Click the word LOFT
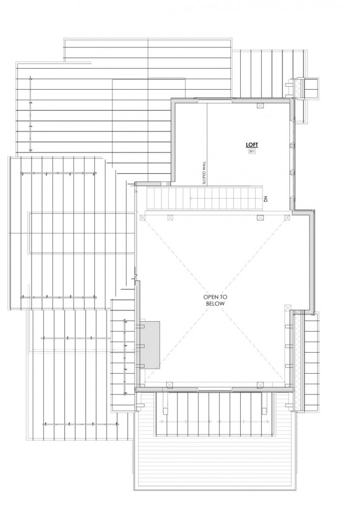pyautogui.click(x=252, y=145)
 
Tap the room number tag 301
pyautogui.click(x=252, y=151)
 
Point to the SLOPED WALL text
pyautogui.click(x=204, y=172)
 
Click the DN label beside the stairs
pyautogui.click(x=266, y=199)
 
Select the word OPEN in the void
pyautogui.click(x=210, y=297)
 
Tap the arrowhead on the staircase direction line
pyautogui.click(x=192, y=198)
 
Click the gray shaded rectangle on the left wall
pyautogui.click(x=150, y=345)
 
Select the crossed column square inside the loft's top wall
pyautogui.click(x=260, y=106)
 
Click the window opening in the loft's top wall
pyautogui.click(x=214, y=99)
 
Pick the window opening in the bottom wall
pyautogui.click(x=214, y=389)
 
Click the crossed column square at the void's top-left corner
pyautogui.click(x=143, y=218)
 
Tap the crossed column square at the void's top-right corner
pyautogui.click(x=287, y=218)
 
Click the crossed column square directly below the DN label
pyautogui.click(x=260, y=218)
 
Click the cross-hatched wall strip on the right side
pyautogui.click(x=297, y=360)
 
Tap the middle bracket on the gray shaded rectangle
pyautogui.click(x=142, y=345)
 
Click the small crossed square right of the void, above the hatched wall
pyautogui.click(x=287, y=307)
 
